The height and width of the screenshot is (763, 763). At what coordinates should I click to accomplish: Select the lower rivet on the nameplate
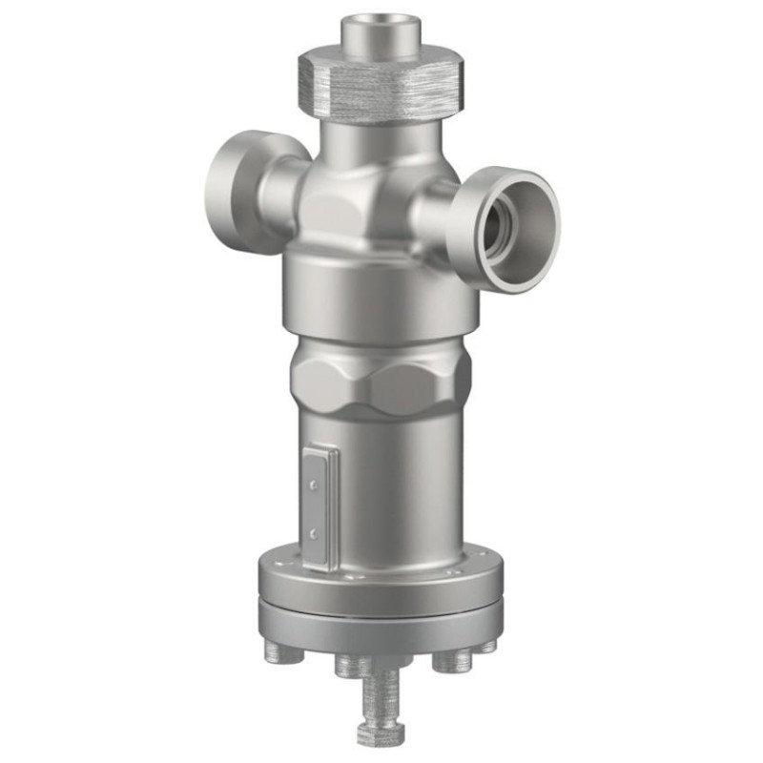(x=313, y=531)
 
